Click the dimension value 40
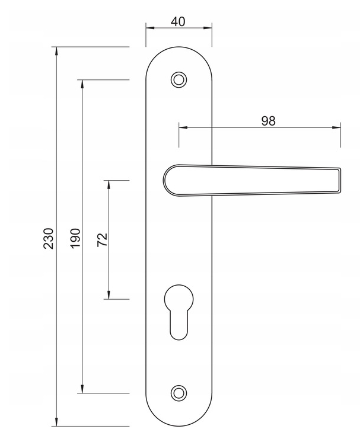(x=178, y=22)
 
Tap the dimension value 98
(x=268, y=121)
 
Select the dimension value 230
(x=49, y=238)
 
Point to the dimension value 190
(x=75, y=238)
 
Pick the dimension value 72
(x=102, y=240)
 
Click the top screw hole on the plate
(x=179, y=79)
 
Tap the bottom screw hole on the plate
(x=179, y=393)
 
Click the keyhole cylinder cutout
(x=179, y=312)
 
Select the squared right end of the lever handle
(x=339, y=180)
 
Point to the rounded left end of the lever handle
(x=164, y=180)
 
